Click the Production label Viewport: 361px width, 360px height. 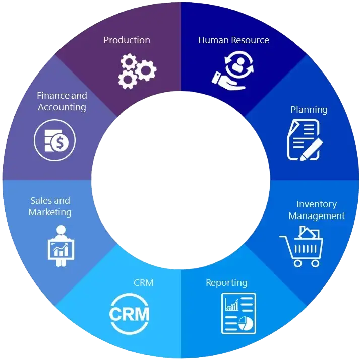tap(127, 40)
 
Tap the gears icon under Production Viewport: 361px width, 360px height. tap(137, 71)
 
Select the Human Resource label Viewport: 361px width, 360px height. tap(233, 40)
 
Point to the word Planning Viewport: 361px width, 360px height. tap(309, 110)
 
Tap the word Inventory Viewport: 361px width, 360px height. tap(316, 204)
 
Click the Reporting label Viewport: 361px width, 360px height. tap(226, 282)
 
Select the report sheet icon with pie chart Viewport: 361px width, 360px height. tap(238, 312)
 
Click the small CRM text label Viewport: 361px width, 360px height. tap(143, 282)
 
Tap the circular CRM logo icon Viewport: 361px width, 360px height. tap(130, 313)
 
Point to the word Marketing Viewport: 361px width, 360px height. tap(49, 212)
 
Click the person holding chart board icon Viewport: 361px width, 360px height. tap(61, 243)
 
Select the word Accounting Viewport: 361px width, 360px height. tap(62, 107)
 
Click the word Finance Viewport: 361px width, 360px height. tap(53, 96)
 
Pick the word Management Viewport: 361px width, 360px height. tap(317, 216)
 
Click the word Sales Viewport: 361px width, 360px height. tap(42, 201)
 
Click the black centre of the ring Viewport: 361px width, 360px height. tap(180, 180)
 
